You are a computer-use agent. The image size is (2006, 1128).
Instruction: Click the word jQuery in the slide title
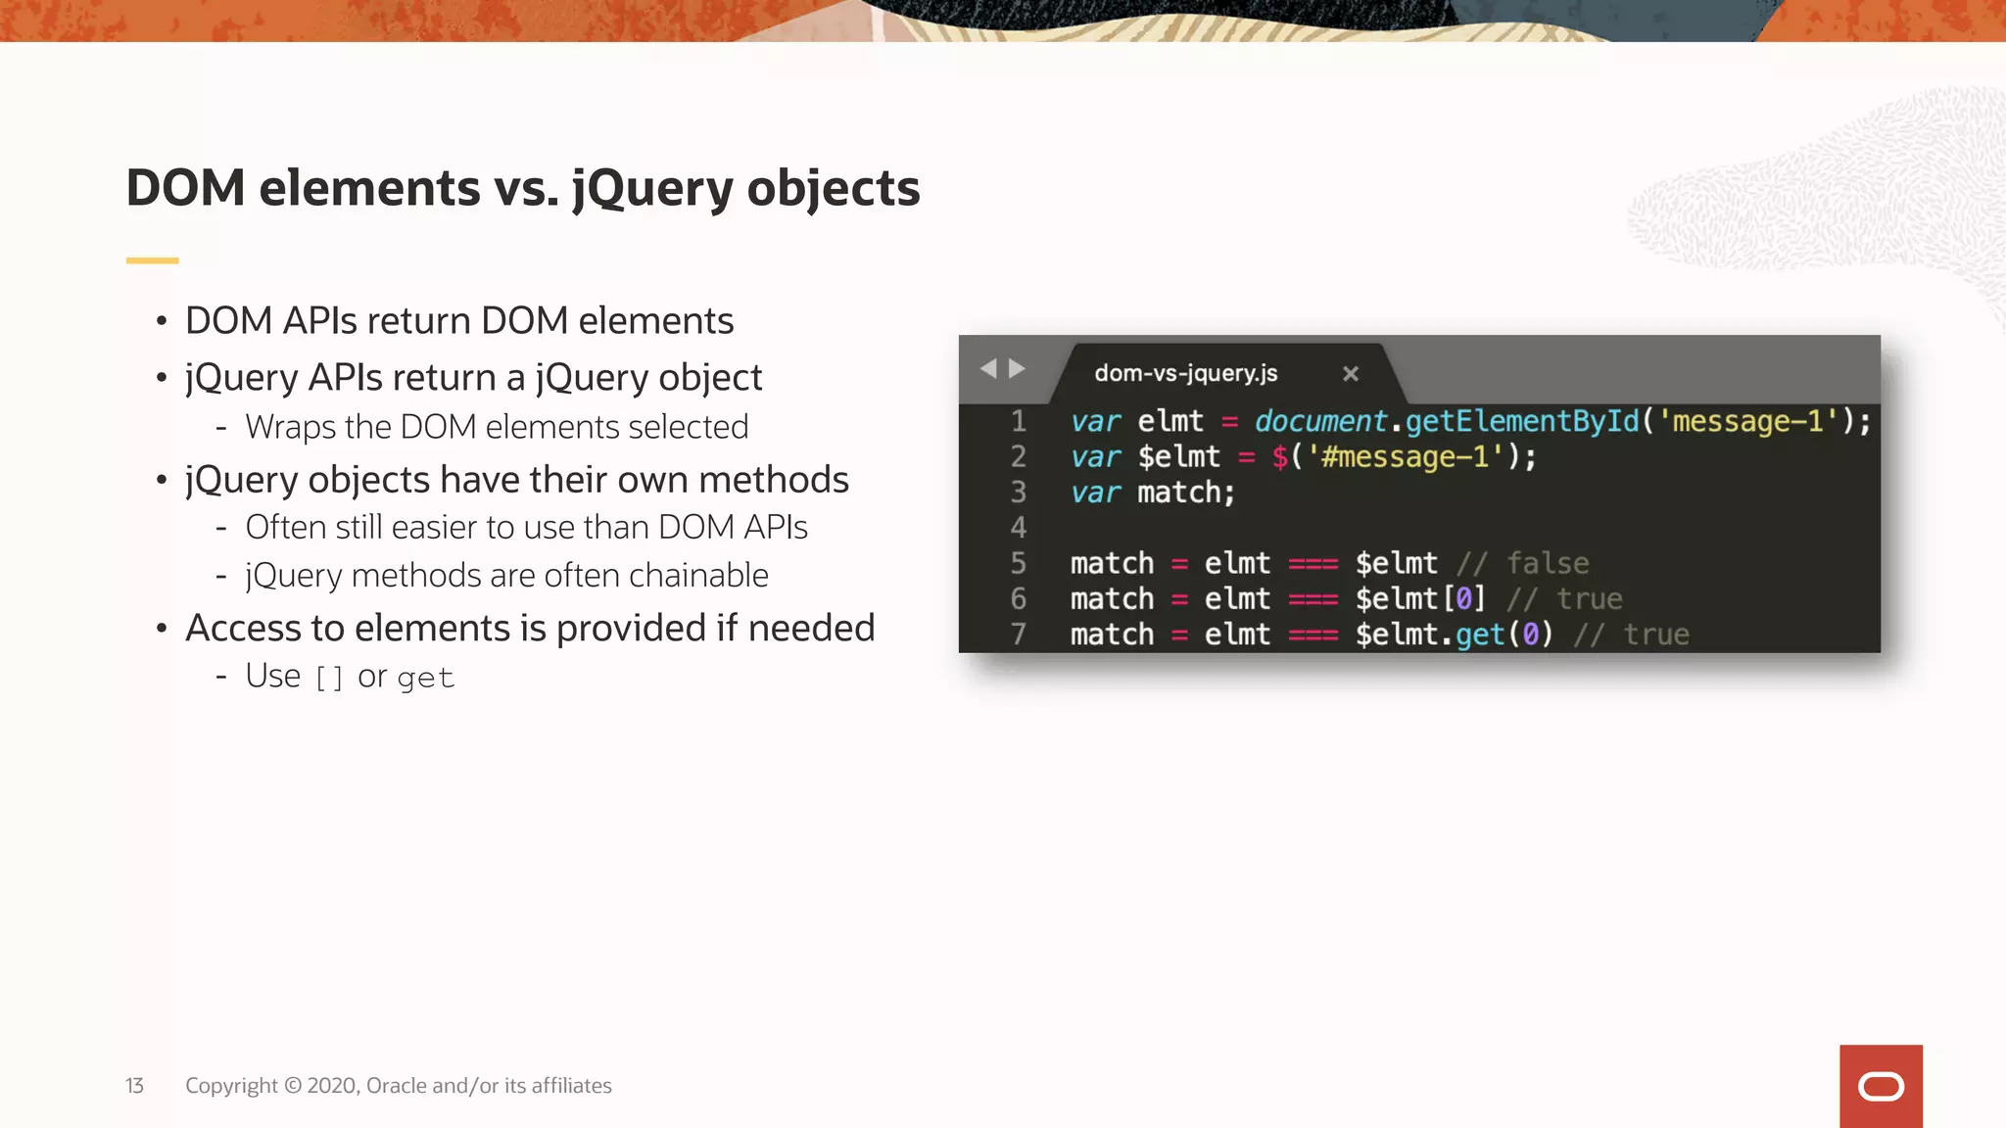click(651, 189)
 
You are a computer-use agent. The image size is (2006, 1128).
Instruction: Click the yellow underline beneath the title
click(152, 260)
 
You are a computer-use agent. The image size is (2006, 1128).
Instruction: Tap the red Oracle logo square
click(1880, 1086)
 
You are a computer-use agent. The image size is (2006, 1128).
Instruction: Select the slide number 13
click(134, 1086)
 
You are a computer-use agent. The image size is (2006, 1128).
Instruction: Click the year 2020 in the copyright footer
click(332, 1086)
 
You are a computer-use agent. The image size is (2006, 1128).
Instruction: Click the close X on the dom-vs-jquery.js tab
click(1350, 373)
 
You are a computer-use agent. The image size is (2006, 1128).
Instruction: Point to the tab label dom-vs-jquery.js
click(1185, 373)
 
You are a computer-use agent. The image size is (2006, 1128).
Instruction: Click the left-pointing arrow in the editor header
click(987, 368)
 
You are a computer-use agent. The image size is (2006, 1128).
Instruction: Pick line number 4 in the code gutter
click(1018, 528)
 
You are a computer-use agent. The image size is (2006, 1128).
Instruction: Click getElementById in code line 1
click(1521, 421)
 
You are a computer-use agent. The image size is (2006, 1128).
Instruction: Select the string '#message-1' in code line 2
click(1406, 457)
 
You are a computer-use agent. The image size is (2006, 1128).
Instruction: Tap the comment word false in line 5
click(1548, 563)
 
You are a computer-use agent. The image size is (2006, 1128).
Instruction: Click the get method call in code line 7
click(1479, 634)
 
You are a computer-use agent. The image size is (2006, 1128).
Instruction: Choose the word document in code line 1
click(1319, 421)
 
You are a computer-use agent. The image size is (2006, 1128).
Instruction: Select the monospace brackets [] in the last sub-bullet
click(329, 678)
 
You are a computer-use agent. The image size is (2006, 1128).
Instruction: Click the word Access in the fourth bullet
click(243, 629)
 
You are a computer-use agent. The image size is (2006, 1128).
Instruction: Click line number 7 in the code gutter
click(1018, 634)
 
